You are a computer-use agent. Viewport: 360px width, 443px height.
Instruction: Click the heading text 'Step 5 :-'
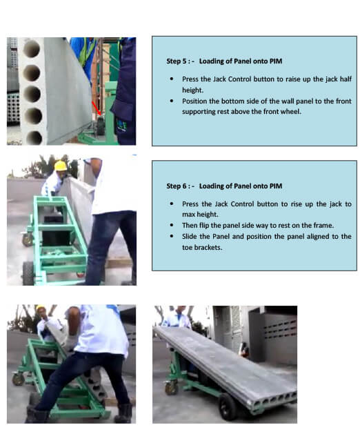[x=180, y=61]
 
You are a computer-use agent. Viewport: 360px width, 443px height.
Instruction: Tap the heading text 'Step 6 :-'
[x=180, y=186]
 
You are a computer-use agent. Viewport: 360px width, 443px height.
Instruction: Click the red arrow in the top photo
[x=96, y=108]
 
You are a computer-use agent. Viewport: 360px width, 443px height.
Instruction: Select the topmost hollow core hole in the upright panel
[x=31, y=48]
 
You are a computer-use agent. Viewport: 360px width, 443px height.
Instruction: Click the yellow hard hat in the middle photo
[x=60, y=166]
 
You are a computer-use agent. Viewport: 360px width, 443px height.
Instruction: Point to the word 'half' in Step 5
[x=346, y=79]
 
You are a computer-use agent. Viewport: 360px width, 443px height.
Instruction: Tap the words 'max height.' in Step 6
[x=200, y=215]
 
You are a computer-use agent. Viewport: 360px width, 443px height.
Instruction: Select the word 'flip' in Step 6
[x=204, y=226]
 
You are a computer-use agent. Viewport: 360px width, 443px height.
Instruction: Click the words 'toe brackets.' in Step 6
[x=202, y=248]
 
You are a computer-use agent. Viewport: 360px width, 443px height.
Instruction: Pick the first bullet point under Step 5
[x=172, y=79]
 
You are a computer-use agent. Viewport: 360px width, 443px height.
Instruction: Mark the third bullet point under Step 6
[x=172, y=237]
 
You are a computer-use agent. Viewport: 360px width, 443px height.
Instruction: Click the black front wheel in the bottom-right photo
[x=228, y=406]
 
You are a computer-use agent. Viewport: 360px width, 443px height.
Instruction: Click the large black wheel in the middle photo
[x=28, y=273]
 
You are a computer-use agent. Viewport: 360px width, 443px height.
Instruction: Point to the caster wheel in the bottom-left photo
[x=18, y=379]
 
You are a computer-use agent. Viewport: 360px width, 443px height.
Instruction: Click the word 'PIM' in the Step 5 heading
[x=276, y=61]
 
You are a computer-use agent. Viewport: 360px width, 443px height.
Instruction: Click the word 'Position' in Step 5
[x=194, y=101]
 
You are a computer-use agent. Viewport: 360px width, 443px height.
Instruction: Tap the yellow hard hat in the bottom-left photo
[x=41, y=308]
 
